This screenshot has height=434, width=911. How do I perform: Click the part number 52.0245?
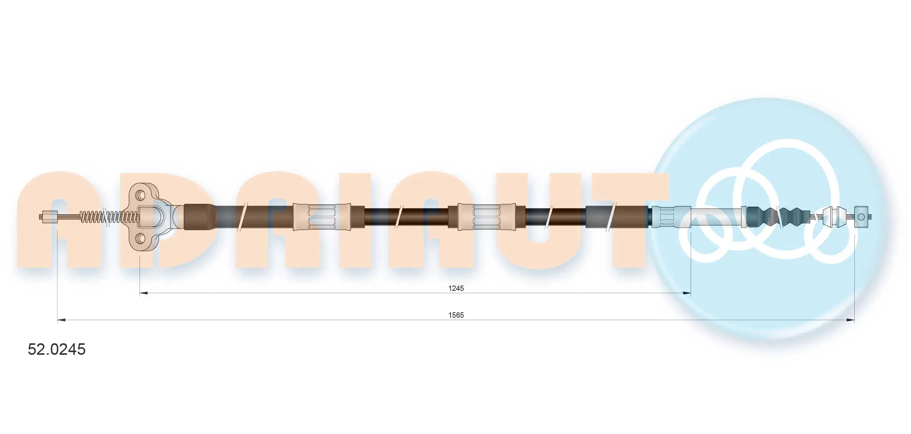(57, 349)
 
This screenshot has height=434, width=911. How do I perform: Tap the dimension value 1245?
(456, 288)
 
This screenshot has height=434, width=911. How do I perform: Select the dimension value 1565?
(456, 315)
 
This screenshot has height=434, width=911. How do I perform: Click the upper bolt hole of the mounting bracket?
(141, 195)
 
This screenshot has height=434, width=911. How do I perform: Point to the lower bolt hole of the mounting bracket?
(141, 239)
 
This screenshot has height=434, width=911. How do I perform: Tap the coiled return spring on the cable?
(109, 217)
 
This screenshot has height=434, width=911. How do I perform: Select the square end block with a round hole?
(861, 217)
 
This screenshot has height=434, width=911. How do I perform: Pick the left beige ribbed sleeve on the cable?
(322, 217)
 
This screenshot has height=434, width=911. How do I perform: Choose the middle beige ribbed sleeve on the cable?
(487, 217)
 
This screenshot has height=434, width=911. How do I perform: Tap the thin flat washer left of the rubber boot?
(744, 217)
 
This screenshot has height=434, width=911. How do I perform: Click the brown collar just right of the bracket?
(196, 217)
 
